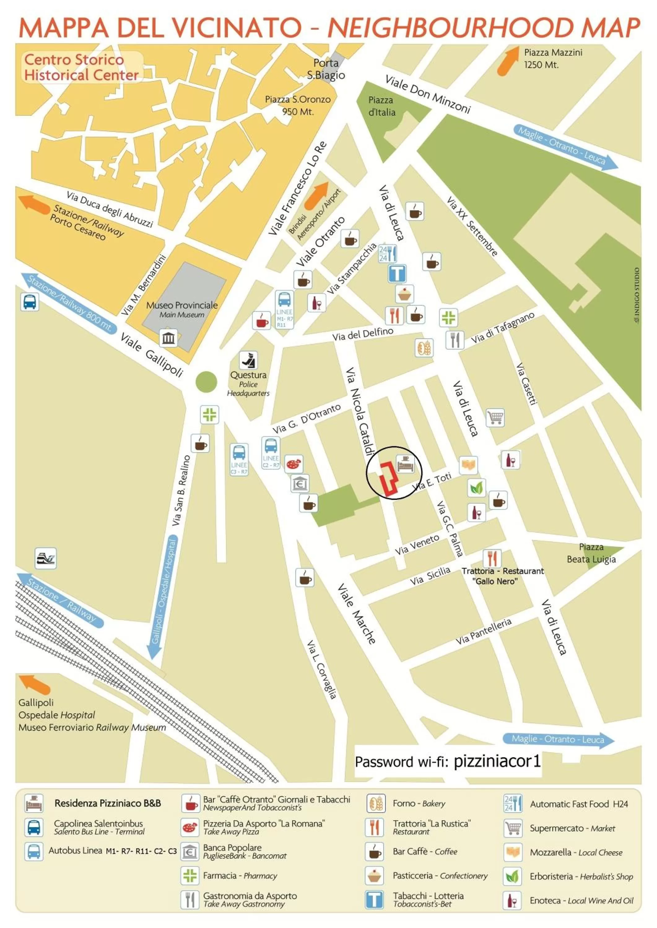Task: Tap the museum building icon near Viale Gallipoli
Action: click(168, 338)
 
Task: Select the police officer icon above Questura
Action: click(248, 360)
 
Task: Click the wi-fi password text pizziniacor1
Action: click(497, 762)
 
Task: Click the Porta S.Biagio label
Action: click(326, 69)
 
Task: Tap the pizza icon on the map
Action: click(294, 464)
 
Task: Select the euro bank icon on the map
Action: click(300, 483)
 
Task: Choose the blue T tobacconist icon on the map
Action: click(397, 274)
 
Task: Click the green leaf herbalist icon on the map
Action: click(476, 488)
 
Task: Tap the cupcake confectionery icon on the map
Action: click(404, 294)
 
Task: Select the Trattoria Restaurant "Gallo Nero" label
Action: click(503, 576)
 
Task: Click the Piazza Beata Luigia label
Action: click(591, 553)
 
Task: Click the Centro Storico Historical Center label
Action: click(81, 67)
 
